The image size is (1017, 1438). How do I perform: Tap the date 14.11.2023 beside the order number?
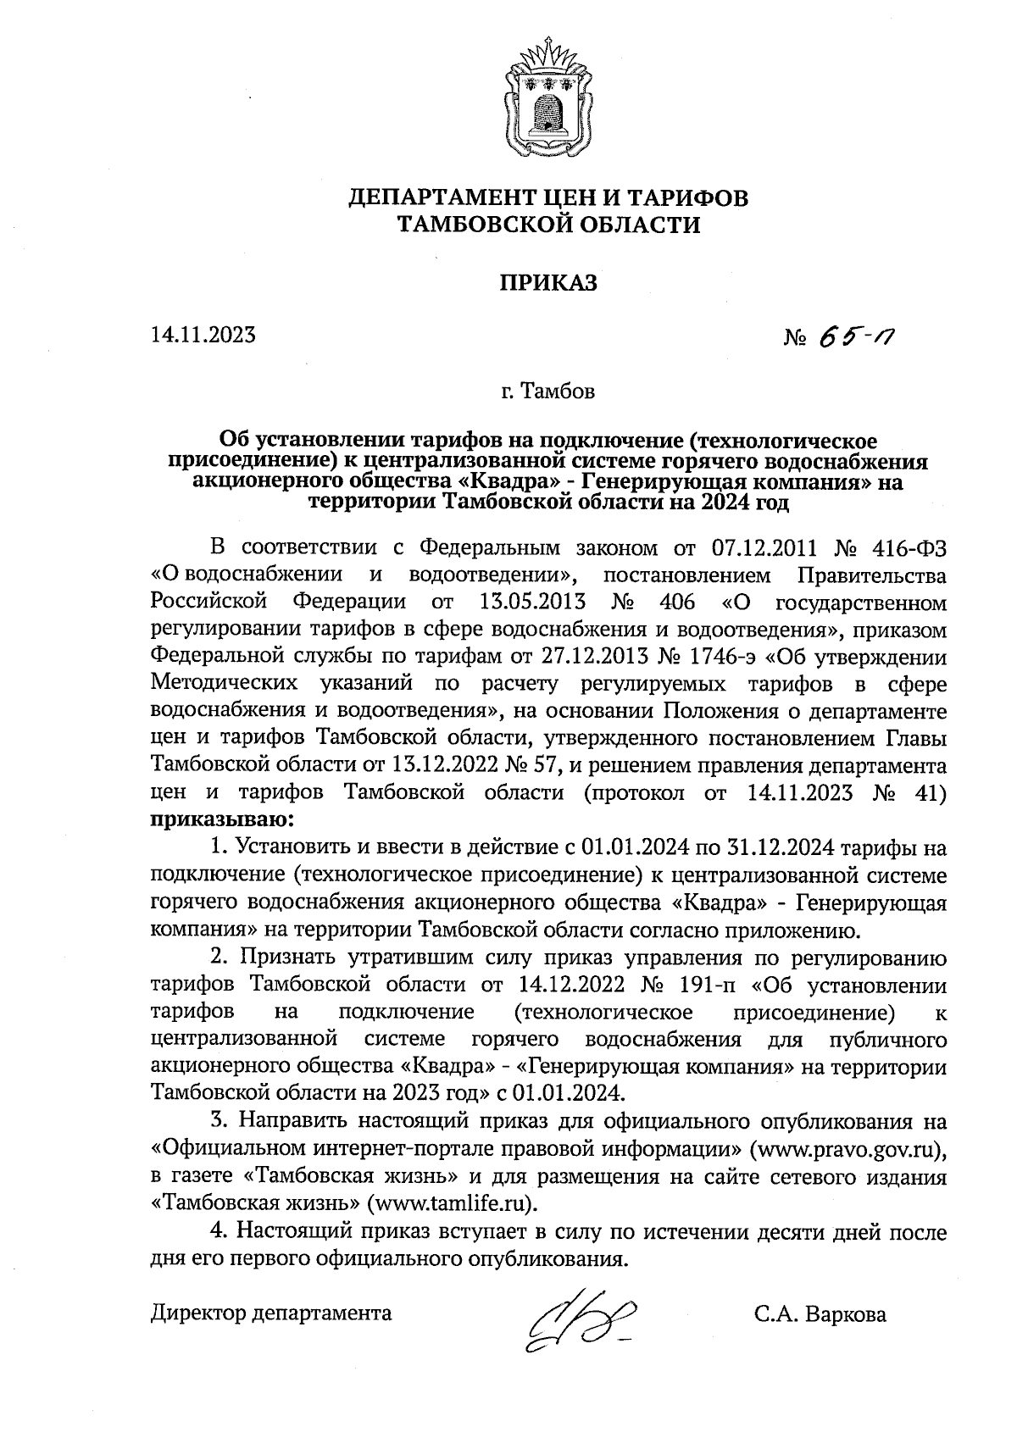point(203,336)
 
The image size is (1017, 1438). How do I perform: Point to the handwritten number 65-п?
point(856,338)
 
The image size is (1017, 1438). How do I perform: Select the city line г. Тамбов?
point(547,392)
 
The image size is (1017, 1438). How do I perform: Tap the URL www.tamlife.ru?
point(453,1203)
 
